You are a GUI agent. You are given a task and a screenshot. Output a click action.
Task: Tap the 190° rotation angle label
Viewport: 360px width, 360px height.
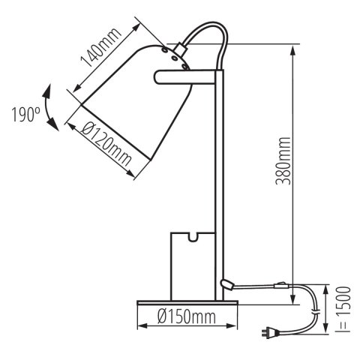pyautogui.click(x=25, y=115)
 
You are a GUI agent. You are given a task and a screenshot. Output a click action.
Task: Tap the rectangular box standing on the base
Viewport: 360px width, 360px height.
pyautogui.click(x=191, y=266)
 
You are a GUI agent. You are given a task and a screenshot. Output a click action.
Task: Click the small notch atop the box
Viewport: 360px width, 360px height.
pyautogui.click(x=192, y=239)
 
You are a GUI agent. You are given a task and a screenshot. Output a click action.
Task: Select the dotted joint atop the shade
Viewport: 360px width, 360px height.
pyautogui.click(x=176, y=53)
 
